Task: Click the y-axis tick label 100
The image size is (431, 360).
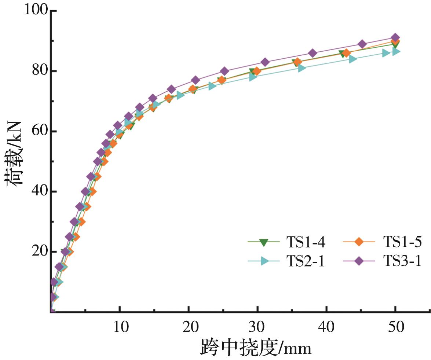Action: tap(36, 10)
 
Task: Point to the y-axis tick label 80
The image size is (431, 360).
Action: tap(40, 70)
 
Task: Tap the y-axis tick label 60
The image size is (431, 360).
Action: tap(40, 131)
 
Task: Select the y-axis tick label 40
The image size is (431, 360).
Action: tap(40, 191)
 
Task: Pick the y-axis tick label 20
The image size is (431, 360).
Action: tap(40, 251)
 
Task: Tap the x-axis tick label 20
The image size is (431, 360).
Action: tap(189, 327)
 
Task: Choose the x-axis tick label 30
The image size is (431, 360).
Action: tap(257, 327)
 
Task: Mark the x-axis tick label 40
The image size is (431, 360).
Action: tap(326, 327)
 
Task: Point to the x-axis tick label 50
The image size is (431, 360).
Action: tap(395, 327)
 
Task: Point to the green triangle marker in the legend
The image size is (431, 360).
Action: tap(263, 242)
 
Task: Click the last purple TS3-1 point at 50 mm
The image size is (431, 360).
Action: tap(395, 37)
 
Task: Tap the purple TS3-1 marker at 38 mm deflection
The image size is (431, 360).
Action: tap(313, 53)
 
